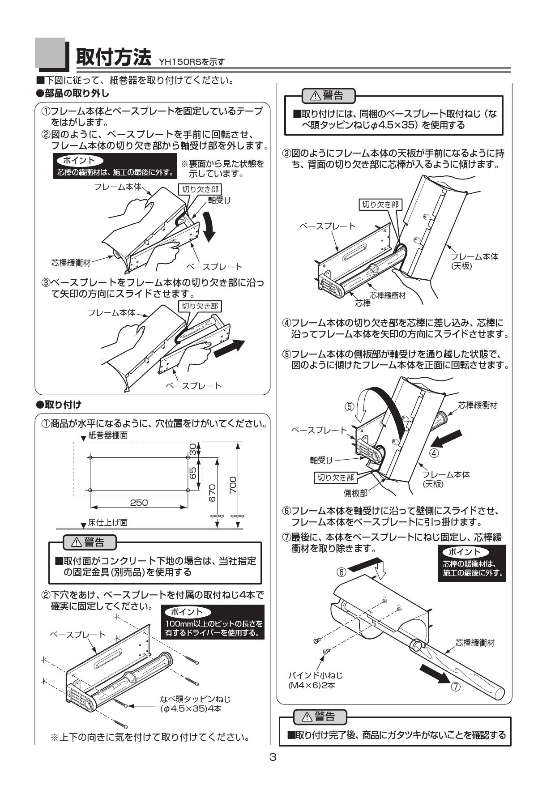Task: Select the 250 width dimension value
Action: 139,503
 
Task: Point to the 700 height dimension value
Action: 233,485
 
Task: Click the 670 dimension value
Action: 213,493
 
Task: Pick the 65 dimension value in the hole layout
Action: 193,473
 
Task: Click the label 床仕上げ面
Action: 107,522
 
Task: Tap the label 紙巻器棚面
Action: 108,435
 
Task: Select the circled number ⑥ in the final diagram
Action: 342,572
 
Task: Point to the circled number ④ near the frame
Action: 434,452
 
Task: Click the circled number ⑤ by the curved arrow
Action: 350,406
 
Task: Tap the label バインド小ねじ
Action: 315,675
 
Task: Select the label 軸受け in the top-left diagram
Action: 219,200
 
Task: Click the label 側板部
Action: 355,493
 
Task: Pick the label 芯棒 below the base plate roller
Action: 363,303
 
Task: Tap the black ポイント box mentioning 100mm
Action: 213,622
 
